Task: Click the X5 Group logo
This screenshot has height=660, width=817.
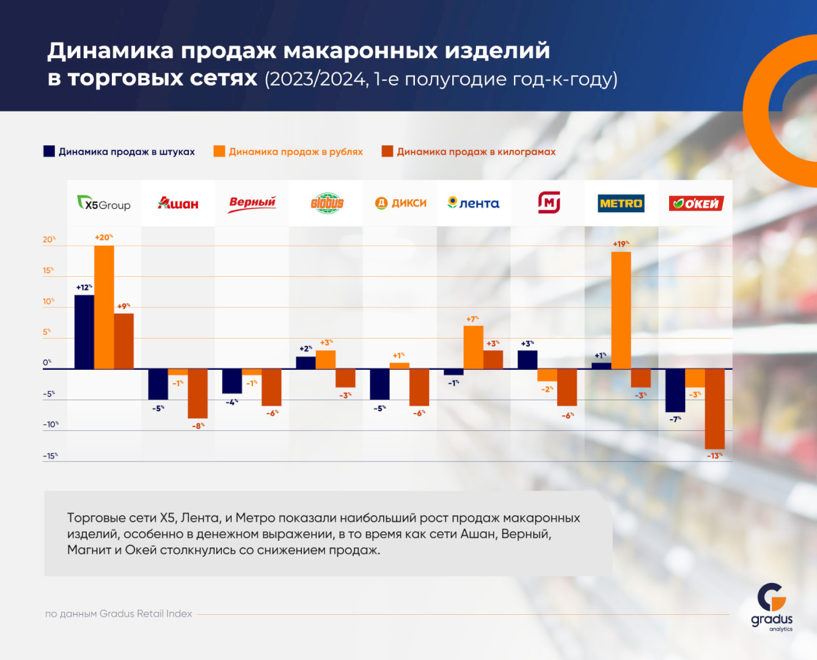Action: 104,204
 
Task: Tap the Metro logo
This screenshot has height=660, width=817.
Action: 621,204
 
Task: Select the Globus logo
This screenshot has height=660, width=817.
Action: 327,204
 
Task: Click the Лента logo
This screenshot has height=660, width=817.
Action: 474,204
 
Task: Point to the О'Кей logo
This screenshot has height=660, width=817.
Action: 696,204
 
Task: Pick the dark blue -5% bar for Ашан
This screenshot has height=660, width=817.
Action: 158,384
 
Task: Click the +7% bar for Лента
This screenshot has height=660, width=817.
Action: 474,346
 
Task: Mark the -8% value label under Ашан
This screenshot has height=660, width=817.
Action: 198,426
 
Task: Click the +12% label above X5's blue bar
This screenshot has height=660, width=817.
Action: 84,287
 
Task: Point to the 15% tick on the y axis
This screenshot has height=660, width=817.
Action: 48,270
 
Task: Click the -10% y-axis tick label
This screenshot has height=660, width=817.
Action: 50,424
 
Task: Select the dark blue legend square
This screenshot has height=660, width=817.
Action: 49,152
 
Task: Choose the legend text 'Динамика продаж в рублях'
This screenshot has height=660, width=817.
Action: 296,152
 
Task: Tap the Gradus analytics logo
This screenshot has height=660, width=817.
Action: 772,607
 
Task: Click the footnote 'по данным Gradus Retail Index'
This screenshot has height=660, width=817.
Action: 119,614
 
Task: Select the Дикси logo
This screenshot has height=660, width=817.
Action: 401,204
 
